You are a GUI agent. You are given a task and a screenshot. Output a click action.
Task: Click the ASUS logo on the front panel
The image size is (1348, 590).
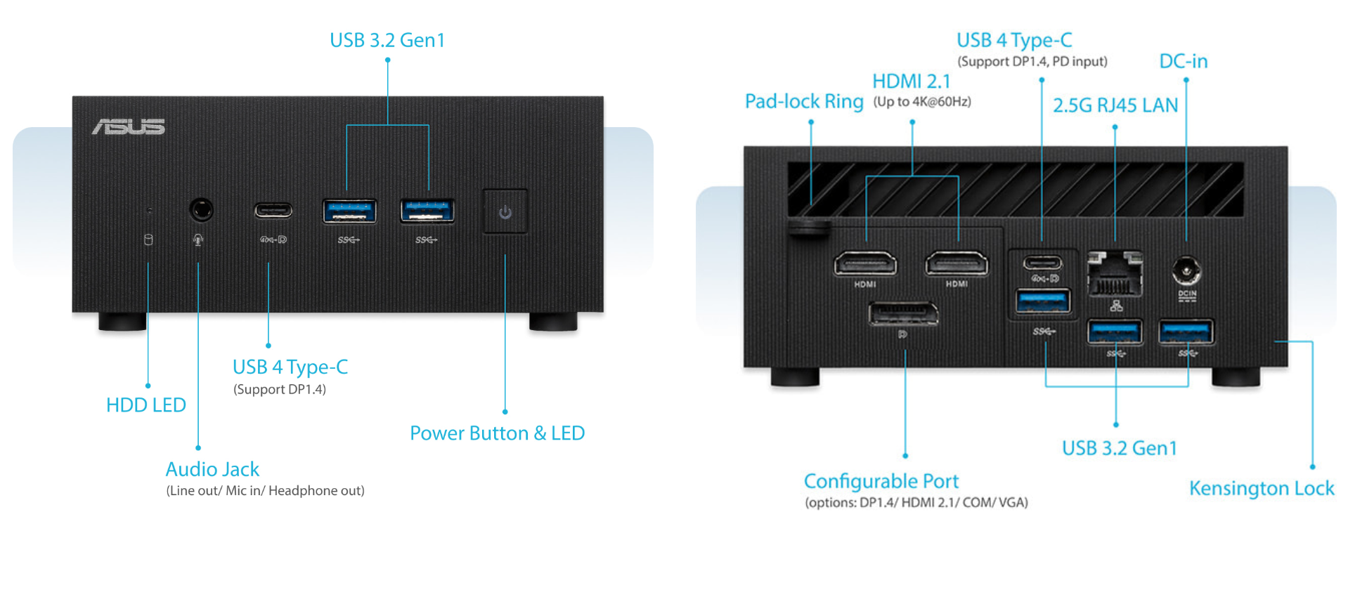[x=128, y=126]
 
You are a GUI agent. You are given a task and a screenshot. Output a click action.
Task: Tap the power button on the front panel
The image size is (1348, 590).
[x=505, y=211]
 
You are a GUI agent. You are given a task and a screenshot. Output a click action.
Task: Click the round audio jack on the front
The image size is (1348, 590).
[x=201, y=209]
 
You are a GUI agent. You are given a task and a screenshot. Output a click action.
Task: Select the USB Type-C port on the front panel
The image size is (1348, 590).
[x=273, y=210]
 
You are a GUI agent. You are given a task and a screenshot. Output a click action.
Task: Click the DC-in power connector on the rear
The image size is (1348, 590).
[x=1186, y=270]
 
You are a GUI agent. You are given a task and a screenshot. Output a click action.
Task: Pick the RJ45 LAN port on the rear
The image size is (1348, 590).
[x=1115, y=275]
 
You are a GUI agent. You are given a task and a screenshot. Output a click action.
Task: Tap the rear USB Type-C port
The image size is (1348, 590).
[x=1042, y=263]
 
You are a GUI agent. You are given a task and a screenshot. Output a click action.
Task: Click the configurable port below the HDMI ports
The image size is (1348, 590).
[x=903, y=313]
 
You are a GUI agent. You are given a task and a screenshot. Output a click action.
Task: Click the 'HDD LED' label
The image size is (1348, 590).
[x=146, y=405]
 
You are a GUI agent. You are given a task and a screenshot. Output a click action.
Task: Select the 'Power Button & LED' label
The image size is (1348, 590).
[x=497, y=433]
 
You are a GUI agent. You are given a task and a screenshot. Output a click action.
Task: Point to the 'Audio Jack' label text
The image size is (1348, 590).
[x=212, y=469]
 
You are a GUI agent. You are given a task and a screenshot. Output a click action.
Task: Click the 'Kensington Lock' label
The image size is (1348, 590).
[x=1261, y=488]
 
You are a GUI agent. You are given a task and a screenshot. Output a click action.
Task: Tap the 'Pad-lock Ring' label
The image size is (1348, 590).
[x=804, y=102]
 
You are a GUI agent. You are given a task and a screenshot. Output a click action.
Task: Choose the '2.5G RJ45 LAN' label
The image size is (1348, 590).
[x=1115, y=105]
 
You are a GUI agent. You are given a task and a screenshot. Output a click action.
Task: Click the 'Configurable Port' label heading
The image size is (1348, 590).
[x=881, y=481]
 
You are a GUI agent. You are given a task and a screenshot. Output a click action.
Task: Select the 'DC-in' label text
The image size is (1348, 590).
[x=1183, y=62]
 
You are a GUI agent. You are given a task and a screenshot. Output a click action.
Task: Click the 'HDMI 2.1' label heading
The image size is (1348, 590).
[x=911, y=81]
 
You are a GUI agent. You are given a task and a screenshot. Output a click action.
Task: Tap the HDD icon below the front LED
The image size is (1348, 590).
[x=148, y=240]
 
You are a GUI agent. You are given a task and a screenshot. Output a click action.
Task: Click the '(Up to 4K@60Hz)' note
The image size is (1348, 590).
[x=922, y=102]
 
